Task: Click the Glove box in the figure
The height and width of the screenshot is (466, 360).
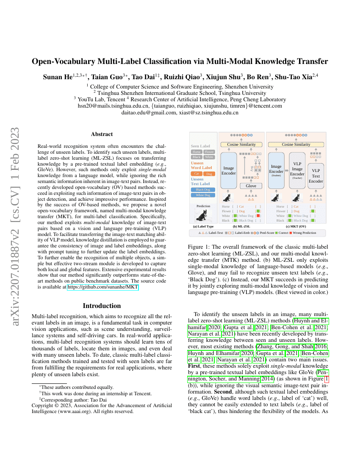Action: click(x=251, y=186)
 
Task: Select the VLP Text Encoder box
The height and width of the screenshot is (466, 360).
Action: click(x=316, y=176)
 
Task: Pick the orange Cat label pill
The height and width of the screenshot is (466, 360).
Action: click(x=197, y=174)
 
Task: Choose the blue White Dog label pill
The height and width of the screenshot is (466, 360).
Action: click(x=203, y=195)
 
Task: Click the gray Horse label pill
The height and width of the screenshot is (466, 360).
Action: click(x=197, y=152)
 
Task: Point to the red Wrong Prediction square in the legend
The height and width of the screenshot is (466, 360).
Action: click(x=291, y=233)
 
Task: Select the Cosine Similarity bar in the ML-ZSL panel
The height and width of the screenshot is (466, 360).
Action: click(x=241, y=144)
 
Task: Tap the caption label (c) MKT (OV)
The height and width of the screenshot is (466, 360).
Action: click(x=296, y=226)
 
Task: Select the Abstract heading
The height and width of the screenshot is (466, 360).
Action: click(x=102, y=134)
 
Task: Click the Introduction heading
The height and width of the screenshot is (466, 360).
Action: click(x=102, y=306)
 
